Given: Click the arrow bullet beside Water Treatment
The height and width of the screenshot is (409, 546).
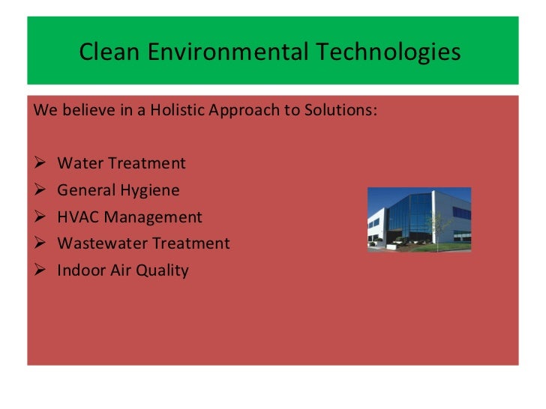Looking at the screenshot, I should click(x=40, y=163).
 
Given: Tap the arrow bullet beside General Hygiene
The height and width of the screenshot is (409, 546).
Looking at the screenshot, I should click(x=40, y=190).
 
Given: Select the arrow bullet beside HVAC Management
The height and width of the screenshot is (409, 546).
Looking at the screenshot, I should click(x=40, y=217).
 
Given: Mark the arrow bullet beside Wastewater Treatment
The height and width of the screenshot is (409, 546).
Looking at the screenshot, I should click(x=40, y=243).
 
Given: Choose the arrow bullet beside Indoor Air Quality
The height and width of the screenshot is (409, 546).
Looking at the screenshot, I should click(x=40, y=270).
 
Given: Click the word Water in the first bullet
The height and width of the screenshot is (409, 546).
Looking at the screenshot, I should click(x=78, y=163).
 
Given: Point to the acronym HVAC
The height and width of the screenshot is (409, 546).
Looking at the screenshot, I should click(x=77, y=217).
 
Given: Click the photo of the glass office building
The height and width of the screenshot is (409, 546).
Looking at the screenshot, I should click(x=418, y=219).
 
